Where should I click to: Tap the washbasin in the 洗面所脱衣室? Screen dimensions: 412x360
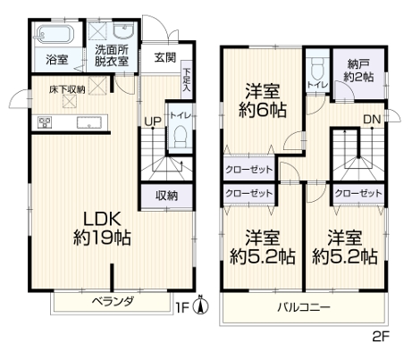point(124,31)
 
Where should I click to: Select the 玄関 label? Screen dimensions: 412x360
point(165,57)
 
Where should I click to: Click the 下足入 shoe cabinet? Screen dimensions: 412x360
point(187,80)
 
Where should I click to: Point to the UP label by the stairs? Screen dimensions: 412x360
point(153,121)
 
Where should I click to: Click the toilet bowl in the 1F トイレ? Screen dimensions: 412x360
point(180,137)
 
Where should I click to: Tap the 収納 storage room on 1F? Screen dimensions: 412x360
point(167,196)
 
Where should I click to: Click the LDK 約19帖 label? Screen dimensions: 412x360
point(102,229)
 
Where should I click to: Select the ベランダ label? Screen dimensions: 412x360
point(113,302)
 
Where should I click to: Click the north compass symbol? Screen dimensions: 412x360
point(201,306)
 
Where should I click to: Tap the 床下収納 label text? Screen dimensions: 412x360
point(67,89)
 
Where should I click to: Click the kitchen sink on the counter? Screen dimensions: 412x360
point(89,122)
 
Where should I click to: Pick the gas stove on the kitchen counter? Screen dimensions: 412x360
point(45,122)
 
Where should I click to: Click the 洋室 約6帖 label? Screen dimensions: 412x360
point(263,101)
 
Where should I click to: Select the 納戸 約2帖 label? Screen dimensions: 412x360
point(358,71)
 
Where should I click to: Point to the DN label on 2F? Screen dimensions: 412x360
point(373,120)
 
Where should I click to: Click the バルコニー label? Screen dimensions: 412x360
point(304,307)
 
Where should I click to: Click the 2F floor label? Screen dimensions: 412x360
point(381,337)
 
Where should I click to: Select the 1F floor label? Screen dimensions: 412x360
point(183,307)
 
